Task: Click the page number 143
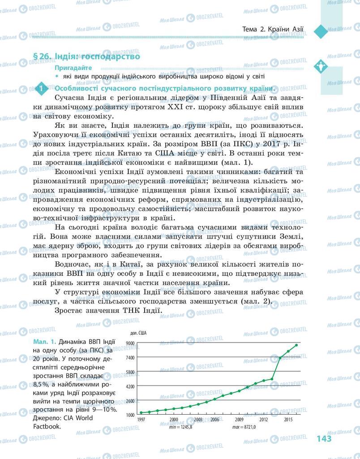click(324, 438)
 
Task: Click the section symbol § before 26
click(37, 57)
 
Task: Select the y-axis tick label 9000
click(130, 343)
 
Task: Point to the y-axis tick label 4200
click(130, 386)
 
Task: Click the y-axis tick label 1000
click(130, 415)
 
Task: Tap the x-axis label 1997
click(141, 420)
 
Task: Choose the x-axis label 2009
click(239, 420)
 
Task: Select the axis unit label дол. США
click(138, 333)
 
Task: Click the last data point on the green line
click(296, 345)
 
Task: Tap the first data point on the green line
click(141, 412)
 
